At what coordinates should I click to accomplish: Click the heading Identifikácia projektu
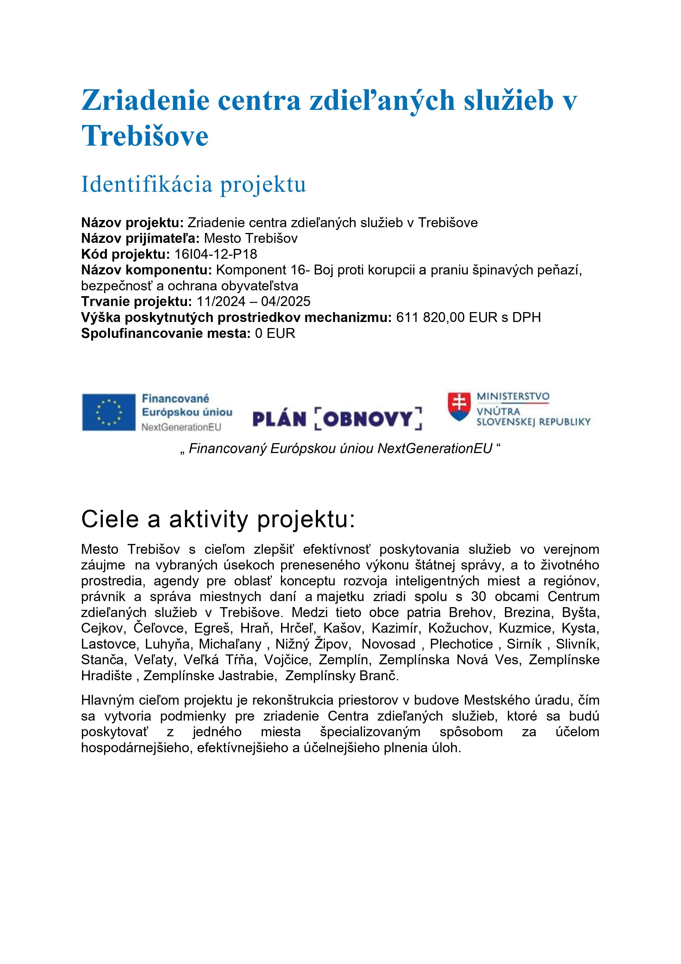click(194, 184)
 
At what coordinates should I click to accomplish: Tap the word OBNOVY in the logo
click(368, 419)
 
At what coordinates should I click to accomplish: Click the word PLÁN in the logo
click(279, 419)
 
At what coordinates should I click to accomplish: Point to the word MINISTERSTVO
click(513, 396)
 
